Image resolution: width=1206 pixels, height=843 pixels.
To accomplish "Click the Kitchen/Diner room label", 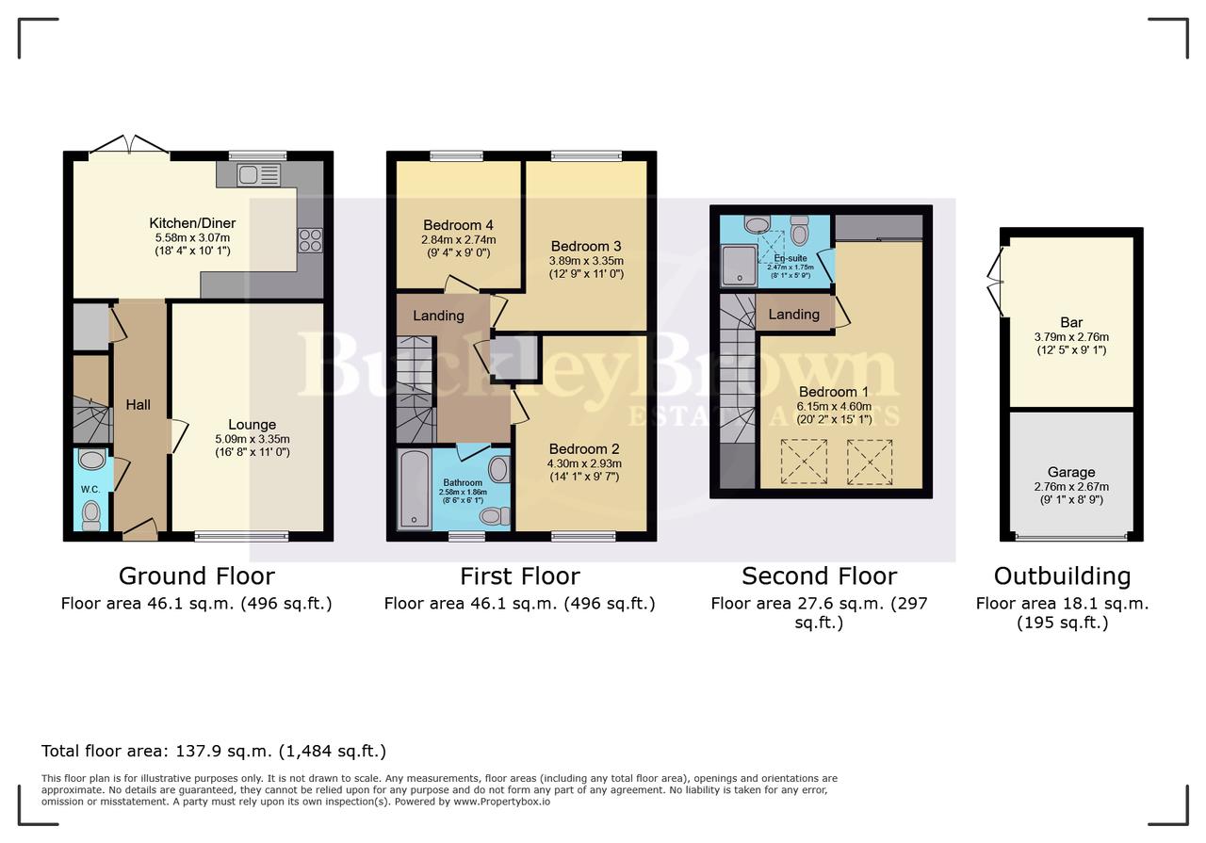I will click(x=192, y=223).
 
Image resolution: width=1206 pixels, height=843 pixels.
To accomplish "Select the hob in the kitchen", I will click(x=310, y=241).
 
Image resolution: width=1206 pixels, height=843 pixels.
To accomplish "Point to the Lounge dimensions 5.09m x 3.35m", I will click(x=252, y=438).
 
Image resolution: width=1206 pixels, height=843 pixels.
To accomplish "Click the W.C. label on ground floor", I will click(x=90, y=489).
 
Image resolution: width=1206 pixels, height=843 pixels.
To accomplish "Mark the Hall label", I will click(x=139, y=405).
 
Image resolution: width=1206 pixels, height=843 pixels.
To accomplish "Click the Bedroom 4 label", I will click(x=458, y=225).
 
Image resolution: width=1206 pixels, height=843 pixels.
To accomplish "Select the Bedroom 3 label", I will click(x=586, y=246).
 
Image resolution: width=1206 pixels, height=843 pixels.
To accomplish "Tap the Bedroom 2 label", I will click(x=585, y=448).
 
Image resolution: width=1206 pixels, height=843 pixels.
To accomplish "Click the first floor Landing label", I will click(x=438, y=316).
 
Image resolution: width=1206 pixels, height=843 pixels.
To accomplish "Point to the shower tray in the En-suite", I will click(x=738, y=265).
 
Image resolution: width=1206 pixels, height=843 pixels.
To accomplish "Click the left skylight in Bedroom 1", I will click(x=803, y=462).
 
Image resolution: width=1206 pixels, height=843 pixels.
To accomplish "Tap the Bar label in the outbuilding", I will click(x=1071, y=323).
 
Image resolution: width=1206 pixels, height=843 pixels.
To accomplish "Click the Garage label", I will click(x=1071, y=472).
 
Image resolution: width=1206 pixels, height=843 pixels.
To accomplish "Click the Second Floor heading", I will click(x=819, y=576).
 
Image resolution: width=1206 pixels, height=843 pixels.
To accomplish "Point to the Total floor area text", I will click(x=214, y=751).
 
